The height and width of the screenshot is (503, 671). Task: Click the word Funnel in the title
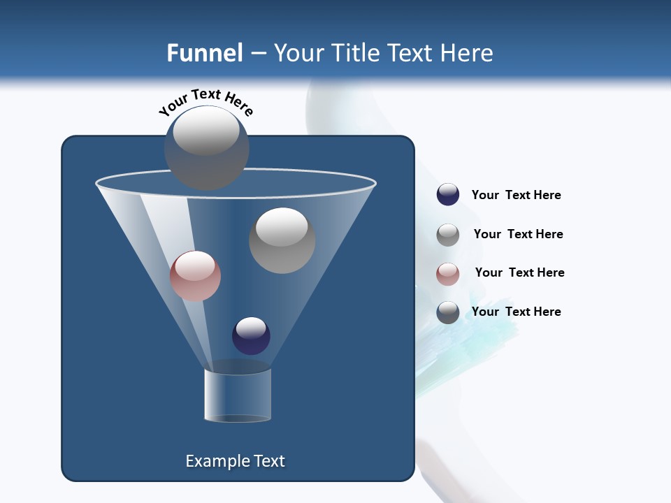pos(204,53)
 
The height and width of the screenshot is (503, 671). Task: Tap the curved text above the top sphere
pos(206,101)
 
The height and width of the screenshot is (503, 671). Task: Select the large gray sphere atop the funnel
pos(206,147)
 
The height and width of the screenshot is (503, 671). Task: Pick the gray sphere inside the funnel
pos(282,240)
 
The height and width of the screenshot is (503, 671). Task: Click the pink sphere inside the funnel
pos(195,276)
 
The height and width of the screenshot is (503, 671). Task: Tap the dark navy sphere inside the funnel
pos(251,335)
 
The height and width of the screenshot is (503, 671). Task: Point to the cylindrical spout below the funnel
pos(238,395)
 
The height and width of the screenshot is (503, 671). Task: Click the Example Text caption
pos(236,461)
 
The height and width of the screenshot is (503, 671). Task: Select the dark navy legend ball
pos(448,194)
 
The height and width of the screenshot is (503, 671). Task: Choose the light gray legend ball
pos(448,234)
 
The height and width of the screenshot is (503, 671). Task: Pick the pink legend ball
pos(448,273)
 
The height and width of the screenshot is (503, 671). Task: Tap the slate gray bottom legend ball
pos(448,312)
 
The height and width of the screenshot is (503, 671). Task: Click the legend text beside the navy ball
pos(517,195)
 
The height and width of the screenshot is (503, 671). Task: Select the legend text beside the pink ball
pos(520,272)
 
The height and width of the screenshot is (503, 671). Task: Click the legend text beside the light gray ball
pos(519,234)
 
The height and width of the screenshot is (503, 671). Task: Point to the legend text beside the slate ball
pos(517,312)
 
